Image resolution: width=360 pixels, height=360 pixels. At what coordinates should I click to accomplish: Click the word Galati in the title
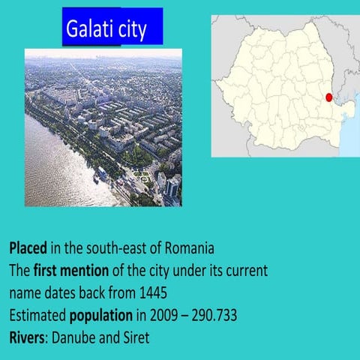coord(89,31)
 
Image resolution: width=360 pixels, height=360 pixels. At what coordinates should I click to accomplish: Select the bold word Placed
coord(29,247)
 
